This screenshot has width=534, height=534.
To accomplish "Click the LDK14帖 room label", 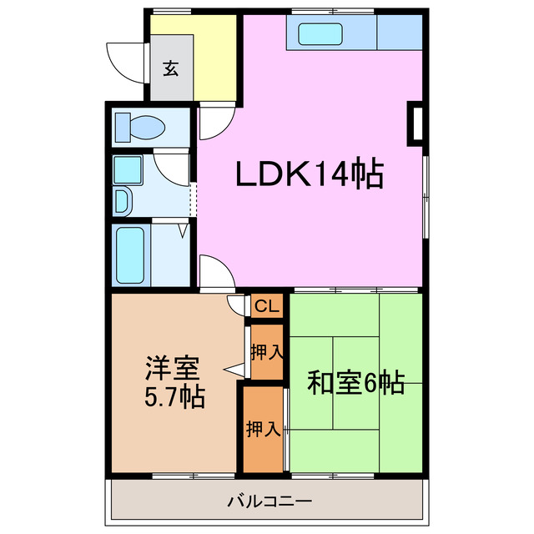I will (310, 174).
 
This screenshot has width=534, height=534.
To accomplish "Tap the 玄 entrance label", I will (171, 69).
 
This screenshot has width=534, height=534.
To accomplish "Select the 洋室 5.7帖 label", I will (174, 380).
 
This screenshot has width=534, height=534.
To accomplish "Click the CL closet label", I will (267, 307).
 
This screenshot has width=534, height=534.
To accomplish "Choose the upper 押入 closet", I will (267, 352).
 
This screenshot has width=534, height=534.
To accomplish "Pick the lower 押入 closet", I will (263, 429).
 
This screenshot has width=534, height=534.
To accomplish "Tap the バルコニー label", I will (269, 502).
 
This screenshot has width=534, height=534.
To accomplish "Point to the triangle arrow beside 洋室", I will (234, 370).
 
